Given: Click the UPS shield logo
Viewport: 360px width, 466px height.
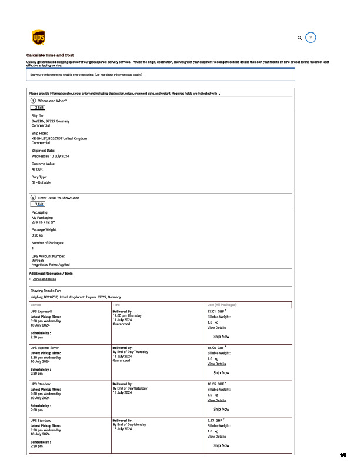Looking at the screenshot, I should click(x=38, y=38).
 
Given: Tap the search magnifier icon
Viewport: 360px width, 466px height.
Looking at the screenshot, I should click(x=300, y=38).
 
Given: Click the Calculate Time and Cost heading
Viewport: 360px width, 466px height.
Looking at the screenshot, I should click(x=50, y=55).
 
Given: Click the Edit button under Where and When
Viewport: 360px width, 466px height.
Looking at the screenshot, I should click(x=38, y=108).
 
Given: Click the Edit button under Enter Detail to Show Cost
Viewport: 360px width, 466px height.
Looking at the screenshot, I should click(x=38, y=204).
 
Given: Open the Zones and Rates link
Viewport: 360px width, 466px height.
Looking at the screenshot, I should click(x=45, y=279).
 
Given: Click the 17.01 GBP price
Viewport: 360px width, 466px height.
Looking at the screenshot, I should click(x=216, y=311).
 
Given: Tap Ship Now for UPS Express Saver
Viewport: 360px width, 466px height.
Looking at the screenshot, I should click(x=221, y=372).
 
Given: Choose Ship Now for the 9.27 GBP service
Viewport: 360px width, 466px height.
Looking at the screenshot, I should click(x=221, y=445).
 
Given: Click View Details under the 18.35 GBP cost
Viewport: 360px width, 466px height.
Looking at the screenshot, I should click(x=216, y=400).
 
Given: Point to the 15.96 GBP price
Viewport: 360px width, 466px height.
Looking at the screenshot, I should click(x=216, y=348).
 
